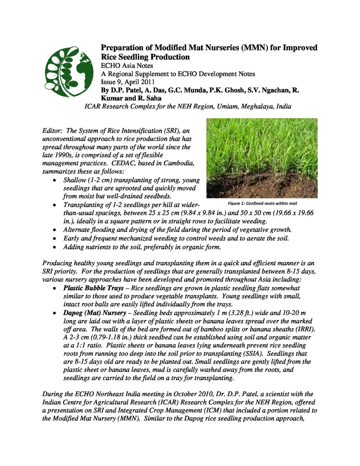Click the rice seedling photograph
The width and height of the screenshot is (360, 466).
click(x=262, y=158)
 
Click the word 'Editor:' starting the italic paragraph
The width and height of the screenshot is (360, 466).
click(x=52, y=131)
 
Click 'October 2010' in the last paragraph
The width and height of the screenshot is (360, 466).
click(x=198, y=394)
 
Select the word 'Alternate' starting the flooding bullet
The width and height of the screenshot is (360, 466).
click(x=77, y=230)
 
